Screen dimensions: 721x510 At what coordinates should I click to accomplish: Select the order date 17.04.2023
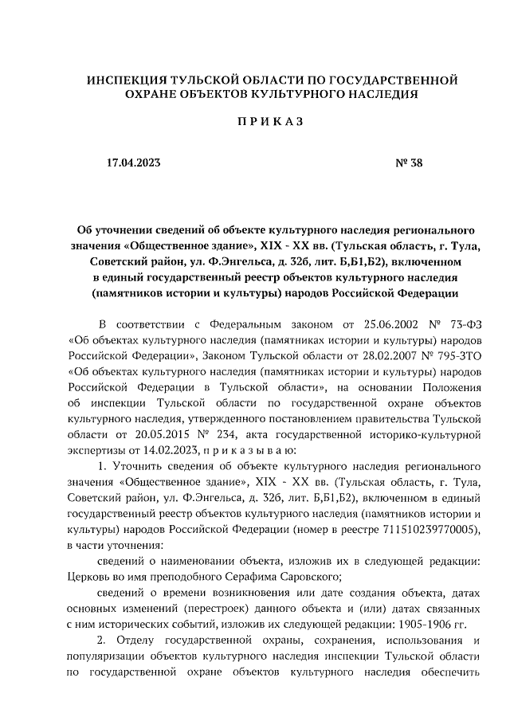133,163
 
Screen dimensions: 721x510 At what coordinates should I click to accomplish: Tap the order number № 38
409,163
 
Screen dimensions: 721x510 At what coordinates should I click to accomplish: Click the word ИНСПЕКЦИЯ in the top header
121,80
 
